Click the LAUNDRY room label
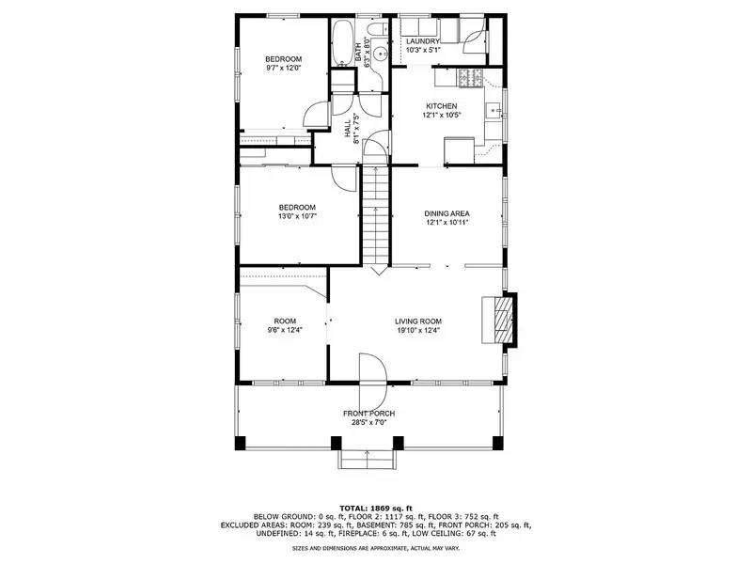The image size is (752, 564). [x=423, y=41]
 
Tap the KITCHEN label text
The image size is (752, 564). [x=441, y=105]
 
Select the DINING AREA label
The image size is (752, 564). [x=446, y=213]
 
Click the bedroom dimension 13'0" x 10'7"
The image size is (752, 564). [x=296, y=217]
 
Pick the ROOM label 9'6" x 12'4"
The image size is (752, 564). [x=285, y=330]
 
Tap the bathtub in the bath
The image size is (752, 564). [x=340, y=42]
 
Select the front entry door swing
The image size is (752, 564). [x=371, y=368]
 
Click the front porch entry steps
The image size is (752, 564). [x=366, y=459]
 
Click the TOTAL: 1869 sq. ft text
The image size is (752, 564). [x=375, y=508]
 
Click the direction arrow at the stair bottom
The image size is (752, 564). [x=376, y=270]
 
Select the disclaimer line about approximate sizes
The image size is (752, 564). [x=375, y=547]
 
